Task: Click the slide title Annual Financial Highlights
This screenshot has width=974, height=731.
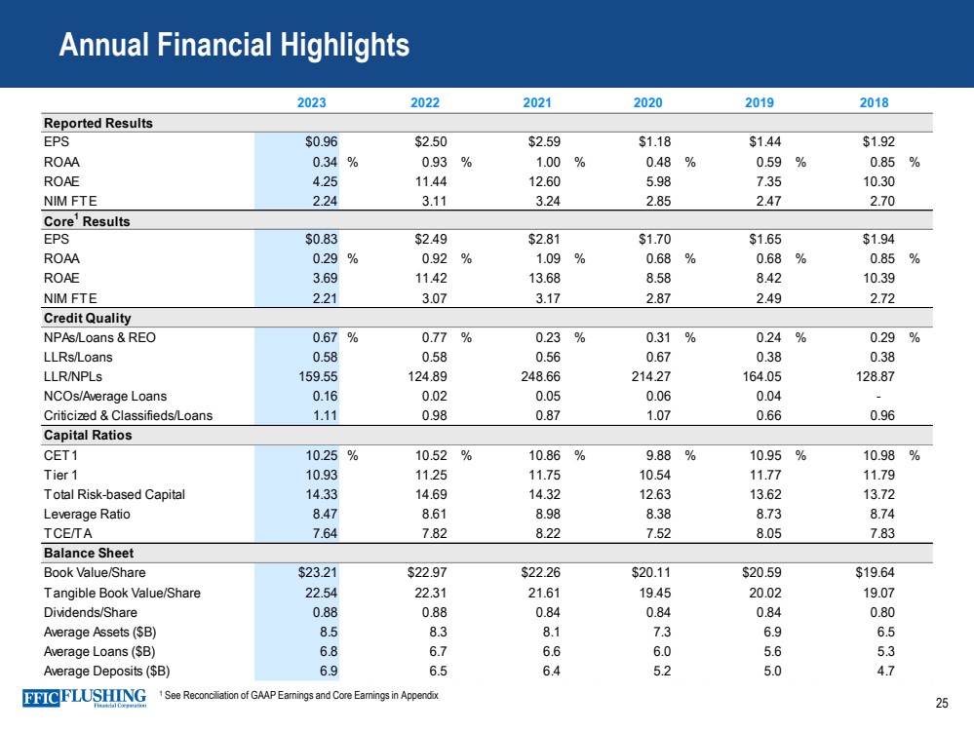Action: pos(234,45)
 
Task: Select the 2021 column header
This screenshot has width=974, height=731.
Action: pos(537,102)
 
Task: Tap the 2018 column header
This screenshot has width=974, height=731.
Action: pos(874,102)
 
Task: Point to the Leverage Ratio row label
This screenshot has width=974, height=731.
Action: pos(87,514)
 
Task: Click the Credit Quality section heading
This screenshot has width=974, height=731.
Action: pos(87,318)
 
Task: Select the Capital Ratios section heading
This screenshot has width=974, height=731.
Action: pos(87,435)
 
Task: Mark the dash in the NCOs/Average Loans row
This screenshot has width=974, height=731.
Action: pos(878,396)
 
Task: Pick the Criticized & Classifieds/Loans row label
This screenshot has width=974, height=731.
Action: pos(128,415)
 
